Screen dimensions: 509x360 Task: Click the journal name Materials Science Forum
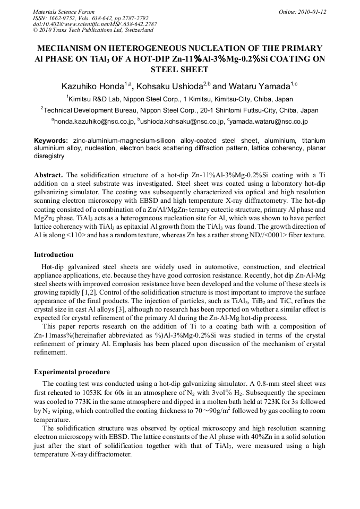pos(64,12)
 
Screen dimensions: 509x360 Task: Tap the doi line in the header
pos(95,24)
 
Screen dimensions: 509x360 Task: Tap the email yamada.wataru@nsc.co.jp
pos(267,122)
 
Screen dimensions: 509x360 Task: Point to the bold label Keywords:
pos(51,140)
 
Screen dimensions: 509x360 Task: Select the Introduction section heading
pos(54,255)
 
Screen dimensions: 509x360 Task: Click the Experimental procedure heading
pos(72,372)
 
